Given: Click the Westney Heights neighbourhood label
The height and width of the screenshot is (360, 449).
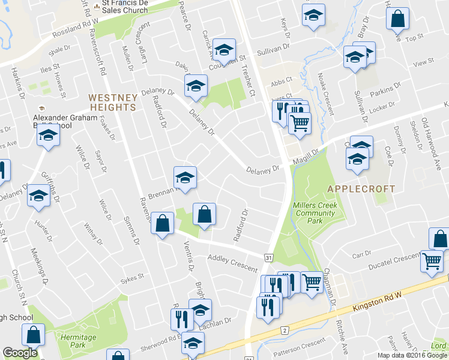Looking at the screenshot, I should [x=112, y=102].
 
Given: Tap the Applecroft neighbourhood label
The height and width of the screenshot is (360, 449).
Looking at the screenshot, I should [x=361, y=188].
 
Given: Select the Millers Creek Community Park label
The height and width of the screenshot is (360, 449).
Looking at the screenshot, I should [x=315, y=213].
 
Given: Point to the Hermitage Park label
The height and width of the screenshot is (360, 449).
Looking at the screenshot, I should [x=78, y=341].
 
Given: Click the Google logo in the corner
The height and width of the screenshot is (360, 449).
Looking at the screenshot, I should [x=20, y=353].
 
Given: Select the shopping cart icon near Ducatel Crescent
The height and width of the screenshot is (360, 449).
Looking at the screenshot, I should [x=433, y=260].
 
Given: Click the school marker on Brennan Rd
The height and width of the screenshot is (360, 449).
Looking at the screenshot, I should [x=185, y=177].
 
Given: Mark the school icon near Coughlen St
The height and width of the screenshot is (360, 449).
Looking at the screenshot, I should [x=224, y=50].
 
